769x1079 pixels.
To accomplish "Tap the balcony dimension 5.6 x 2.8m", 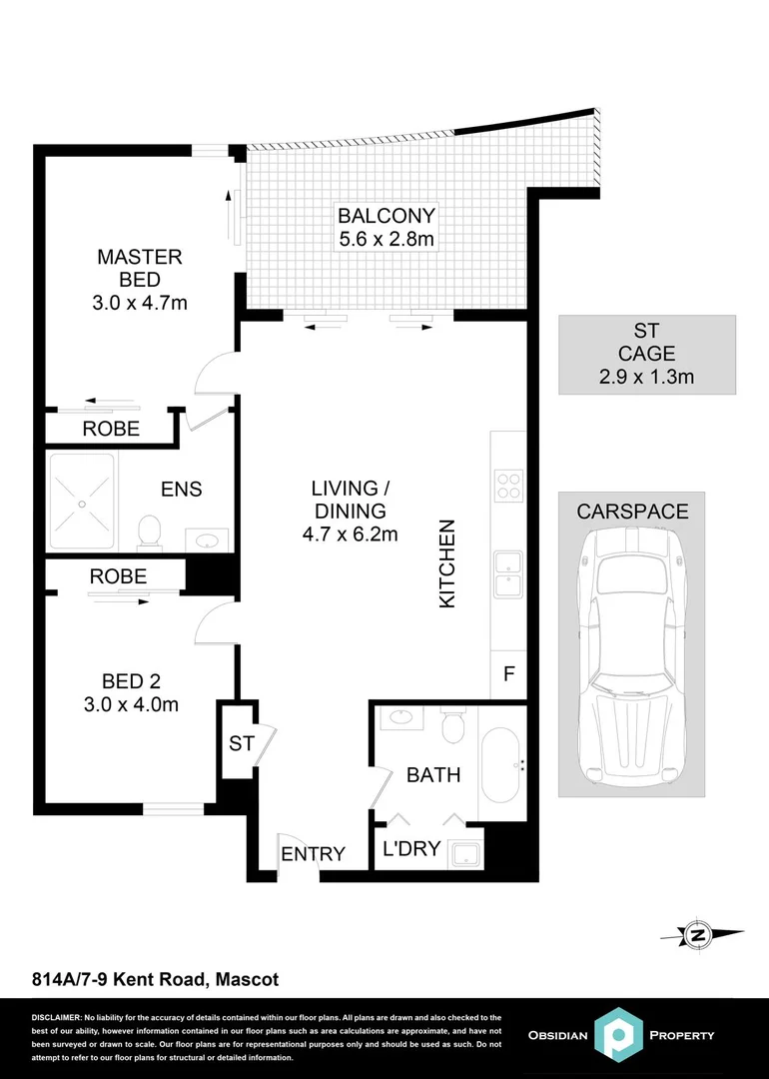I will (x=385, y=240).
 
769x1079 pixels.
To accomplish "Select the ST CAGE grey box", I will (x=646, y=355).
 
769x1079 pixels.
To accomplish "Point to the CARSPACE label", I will (x=632, y=512).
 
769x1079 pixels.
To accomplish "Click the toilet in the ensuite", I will (x=151, y=531).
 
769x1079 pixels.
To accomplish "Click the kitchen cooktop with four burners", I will (x=508, y=485).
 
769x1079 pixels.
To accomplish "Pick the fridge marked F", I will (x=508, y=674).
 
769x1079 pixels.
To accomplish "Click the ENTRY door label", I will (x=313, y=854).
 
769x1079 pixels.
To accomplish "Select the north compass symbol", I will (x=700, y=935).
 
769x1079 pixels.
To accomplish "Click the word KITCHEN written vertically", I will (x=448, y=563).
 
